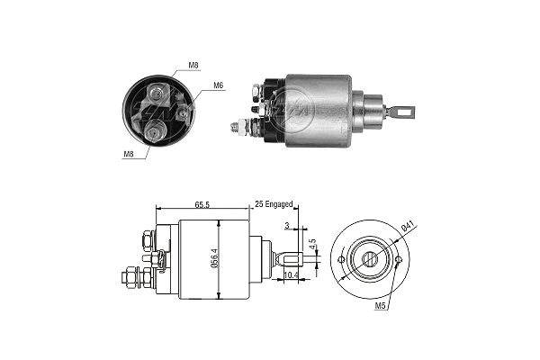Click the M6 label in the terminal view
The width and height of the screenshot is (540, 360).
218,85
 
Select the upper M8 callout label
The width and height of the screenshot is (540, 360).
193,65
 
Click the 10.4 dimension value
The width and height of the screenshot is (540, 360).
291,274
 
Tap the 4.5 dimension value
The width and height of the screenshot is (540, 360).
312,244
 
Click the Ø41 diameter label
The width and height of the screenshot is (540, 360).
407,227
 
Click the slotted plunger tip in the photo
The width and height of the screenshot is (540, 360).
407,112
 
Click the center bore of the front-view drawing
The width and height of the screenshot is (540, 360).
369,260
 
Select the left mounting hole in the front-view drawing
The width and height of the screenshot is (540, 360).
340,261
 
